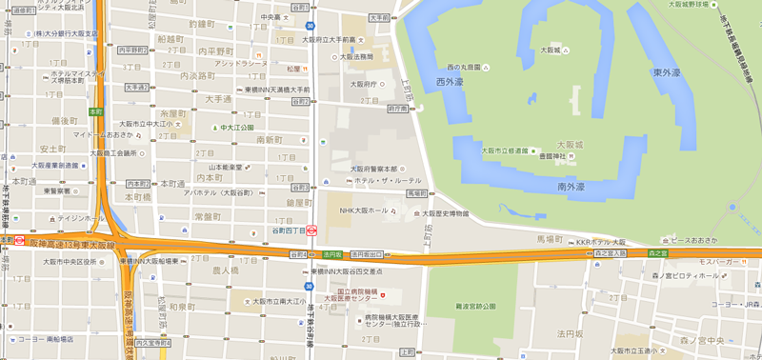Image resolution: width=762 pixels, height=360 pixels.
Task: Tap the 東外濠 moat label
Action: pos(666,72)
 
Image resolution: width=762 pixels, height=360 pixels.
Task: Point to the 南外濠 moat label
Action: pos(571,187)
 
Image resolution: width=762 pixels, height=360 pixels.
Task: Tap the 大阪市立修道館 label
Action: pos(505,150)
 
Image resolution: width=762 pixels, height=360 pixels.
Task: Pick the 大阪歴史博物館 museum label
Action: pos(446,213)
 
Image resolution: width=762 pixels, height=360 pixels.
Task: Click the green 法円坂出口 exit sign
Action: pos(367,254)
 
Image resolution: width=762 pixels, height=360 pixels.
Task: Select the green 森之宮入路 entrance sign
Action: pos(610,253)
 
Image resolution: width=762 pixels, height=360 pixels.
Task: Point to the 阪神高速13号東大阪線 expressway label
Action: pos(72,245)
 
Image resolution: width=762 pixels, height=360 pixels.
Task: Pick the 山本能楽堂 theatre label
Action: pos(227,167)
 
